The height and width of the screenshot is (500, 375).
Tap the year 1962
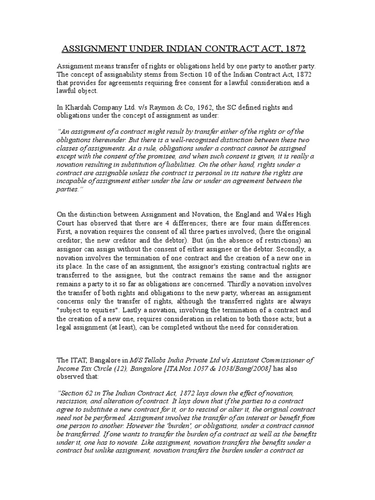click(x=203, y=107)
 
